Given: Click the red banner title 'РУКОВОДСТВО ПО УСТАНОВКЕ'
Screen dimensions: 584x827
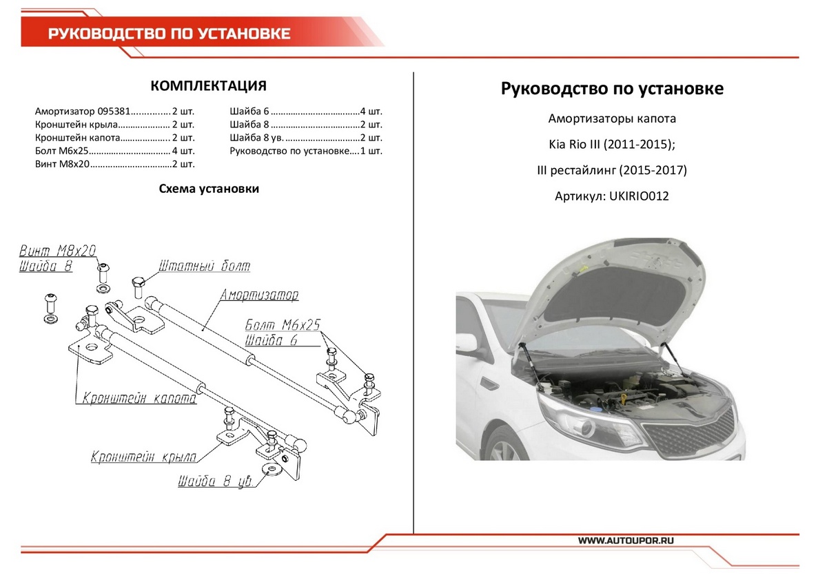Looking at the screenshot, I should coord(169,34).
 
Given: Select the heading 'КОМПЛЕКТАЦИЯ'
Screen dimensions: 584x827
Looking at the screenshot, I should coord(208,86).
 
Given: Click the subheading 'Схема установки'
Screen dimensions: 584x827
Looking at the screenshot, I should coord(209,189).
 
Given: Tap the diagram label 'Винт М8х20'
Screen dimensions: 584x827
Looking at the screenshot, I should coord(57,251).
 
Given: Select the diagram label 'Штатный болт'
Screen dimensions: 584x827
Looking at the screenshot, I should coord(204,266).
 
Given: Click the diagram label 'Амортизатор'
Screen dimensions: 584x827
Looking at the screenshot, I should coord(259,295).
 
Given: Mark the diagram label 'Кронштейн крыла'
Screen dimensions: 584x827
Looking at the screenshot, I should coord(144,457).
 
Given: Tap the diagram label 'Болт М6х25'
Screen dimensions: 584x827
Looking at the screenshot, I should coord(283,326).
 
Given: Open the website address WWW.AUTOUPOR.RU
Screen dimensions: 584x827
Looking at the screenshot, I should coord(626,541).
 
